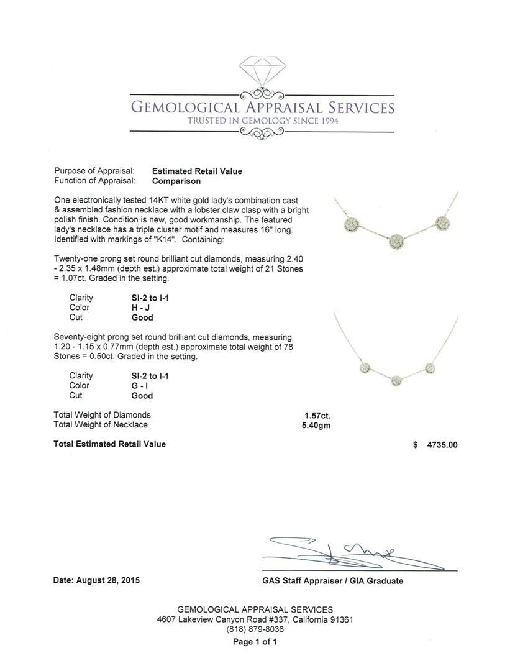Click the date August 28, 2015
(x=96, y=580)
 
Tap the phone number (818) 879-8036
(x=255, y=629)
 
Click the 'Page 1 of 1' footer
(x=255, y=642)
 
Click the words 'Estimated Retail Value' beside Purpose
(x=197, y=171)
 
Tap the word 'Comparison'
(x=176, y=181)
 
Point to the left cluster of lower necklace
(x=366, y=368)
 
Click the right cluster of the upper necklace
(x=443, y=222)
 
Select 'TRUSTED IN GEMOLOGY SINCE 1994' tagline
(x=262, y=121)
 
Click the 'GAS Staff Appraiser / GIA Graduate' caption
(x=332, y=581)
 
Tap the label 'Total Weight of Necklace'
(x=101, y=425)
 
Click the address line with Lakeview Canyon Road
(x=255, y=619)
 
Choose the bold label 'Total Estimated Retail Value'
(x=109, y=444)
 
